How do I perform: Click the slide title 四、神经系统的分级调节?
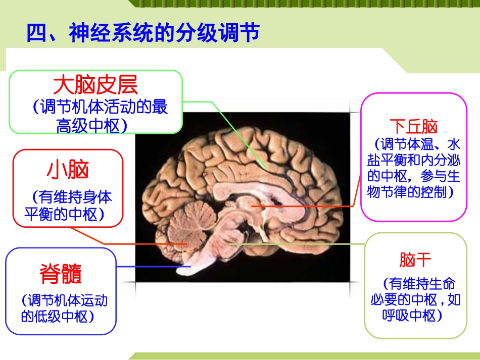click(x=143, y=33)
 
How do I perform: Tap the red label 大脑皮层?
click(x=95, y=85)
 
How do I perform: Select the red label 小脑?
click(x=68, y=171)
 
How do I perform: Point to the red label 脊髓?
click(x=61, y=274)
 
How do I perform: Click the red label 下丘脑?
click(x=414, y=126)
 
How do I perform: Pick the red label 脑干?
click(x=415, y=261)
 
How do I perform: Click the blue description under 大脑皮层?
click(x=96, y=117)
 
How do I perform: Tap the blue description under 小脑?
click(x=68, y=205)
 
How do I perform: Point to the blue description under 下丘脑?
click(x=414, y=168)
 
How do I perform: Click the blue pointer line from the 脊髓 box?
click(x=152, y=266)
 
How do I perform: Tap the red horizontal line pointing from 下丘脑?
click(x=303, y=207)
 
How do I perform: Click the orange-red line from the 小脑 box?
click(x=141, y=244)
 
